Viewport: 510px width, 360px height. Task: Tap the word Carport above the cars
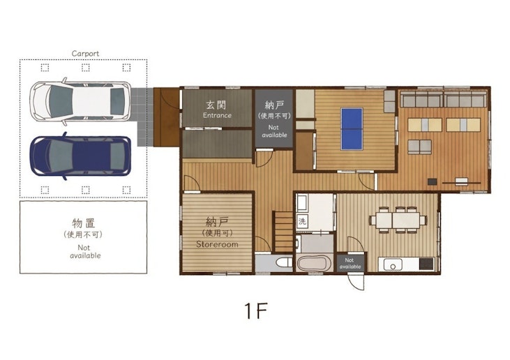85,54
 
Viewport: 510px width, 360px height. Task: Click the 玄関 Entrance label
217,109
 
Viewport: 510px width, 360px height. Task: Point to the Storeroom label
217,234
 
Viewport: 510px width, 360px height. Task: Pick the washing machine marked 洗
302,221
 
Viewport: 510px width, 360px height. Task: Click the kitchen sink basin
392,265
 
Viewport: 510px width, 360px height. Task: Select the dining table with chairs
398,220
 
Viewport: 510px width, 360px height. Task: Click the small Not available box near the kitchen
350,263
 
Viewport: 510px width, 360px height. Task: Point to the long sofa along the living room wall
443,99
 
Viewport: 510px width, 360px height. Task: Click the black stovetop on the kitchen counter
426,265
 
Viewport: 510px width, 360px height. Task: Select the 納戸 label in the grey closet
273,105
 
